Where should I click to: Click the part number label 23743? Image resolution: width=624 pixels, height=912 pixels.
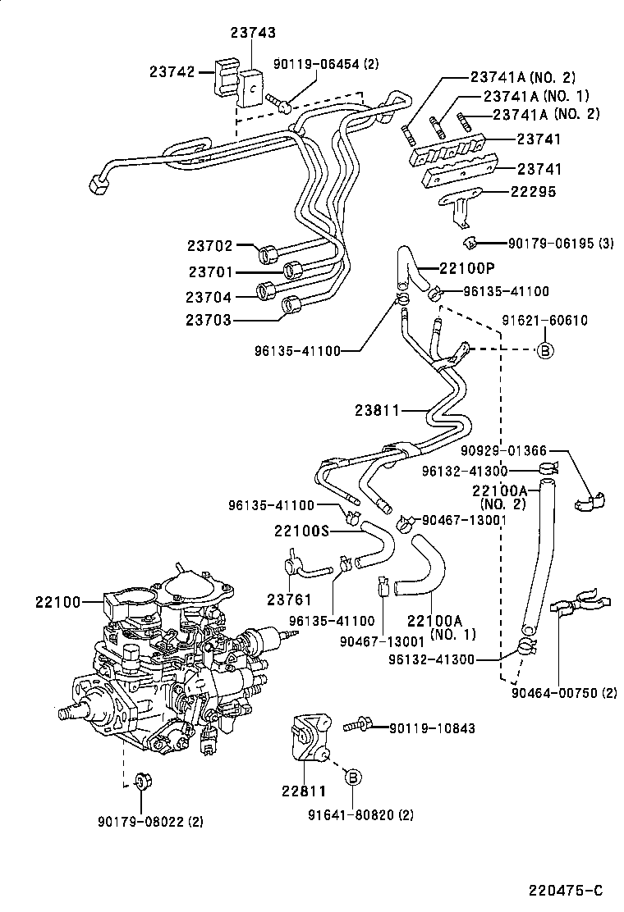tap(253, 33)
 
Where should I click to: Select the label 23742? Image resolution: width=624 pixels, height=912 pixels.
tap(172, 71)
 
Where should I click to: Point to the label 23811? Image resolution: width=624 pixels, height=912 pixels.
tap(379, 409)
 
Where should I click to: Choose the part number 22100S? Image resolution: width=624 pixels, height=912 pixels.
tap(301, 531)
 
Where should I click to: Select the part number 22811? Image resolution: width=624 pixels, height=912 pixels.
tap(305, 791)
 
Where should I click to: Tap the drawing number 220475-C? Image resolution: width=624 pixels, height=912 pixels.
tap(567, 890)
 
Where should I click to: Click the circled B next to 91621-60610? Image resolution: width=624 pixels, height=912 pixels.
tap(544, 350)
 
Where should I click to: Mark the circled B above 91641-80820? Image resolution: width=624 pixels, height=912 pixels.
tap(352, 777)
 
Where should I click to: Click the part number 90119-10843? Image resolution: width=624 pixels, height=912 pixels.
tap(433, 727)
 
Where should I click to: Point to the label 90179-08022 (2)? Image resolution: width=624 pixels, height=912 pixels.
tap(149, 819)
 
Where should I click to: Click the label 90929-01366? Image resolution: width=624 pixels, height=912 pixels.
tap(503, 450)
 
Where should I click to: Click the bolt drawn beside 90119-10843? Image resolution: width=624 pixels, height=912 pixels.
tap(358, 725)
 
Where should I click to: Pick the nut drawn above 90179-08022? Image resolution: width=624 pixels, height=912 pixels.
tap(140, 778)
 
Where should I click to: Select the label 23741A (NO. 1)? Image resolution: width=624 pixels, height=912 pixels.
tap(541, 96)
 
